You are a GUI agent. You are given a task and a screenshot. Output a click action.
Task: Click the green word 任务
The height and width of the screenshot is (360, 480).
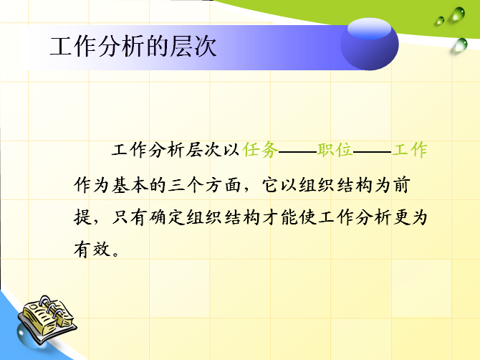[x=261, y=150]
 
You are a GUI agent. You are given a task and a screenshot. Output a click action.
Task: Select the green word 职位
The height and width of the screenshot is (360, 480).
[x=335, y=150]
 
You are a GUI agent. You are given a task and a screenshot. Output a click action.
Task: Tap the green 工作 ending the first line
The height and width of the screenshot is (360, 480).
[x=410, y=150]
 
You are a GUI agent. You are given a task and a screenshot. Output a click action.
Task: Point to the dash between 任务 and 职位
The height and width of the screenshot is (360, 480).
[x=298, y=151]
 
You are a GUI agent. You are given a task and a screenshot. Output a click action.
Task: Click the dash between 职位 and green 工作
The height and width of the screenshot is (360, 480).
[x=373, y=151]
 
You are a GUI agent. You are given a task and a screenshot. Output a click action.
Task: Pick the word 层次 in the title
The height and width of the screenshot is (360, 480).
[x=193, y=47]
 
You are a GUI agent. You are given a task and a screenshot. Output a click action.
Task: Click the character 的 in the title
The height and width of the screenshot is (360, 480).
[x=158, y=47]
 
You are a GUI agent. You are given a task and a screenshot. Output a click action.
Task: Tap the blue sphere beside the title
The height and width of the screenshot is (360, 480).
[x=370, y=44]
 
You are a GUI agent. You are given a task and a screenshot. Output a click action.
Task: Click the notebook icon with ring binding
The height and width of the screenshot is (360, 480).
[x=47, y=318]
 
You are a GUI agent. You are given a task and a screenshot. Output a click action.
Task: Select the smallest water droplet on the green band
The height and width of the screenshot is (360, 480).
[x=440, y=21]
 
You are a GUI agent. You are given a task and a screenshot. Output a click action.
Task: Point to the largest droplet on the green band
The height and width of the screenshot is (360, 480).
[x=458, y=14]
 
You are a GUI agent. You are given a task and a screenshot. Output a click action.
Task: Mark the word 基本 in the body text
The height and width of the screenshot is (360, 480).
[x=130, y=185]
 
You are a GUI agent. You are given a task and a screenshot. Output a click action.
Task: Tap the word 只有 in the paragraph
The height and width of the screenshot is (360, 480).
[x=130, y=217]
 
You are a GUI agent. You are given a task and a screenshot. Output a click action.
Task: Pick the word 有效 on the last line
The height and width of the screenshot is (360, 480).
[x=92, y=250]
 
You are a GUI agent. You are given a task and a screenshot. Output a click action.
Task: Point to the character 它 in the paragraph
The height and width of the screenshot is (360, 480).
[x=271, y=185]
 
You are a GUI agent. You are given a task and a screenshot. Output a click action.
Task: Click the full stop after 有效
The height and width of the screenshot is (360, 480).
[x=116, y=254]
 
